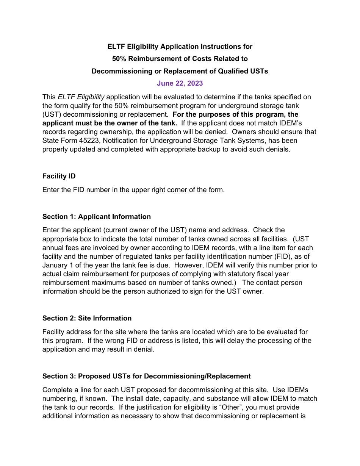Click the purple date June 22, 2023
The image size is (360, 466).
180,83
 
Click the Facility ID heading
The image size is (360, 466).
59,176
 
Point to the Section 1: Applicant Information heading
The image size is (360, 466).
96,217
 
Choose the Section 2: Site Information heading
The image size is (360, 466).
87,318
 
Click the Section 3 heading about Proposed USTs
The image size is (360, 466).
146,376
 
